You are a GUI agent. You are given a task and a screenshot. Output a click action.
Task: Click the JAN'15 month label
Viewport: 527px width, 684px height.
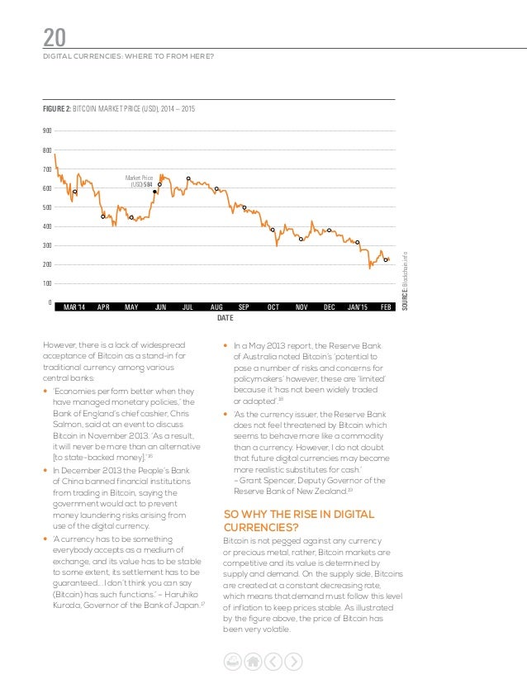(x=359, y=307)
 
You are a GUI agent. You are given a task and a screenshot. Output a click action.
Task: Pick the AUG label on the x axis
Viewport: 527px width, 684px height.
(x=217, y=307)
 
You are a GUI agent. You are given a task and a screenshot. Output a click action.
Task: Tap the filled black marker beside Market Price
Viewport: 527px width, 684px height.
(x=154, y=192)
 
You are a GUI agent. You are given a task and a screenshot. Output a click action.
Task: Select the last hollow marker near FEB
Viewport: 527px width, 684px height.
(x=386, y=260)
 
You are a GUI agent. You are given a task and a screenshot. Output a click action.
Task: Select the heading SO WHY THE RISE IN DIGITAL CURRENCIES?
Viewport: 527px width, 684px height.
(x=298, y=520)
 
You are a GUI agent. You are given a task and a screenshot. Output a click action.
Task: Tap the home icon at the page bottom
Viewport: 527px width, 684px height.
(x=254, y=660)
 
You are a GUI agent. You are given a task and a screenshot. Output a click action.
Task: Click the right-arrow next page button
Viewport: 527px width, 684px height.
(x=292, y=660)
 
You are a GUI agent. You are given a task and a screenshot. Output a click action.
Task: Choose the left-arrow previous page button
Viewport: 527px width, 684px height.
(x=273, y=660)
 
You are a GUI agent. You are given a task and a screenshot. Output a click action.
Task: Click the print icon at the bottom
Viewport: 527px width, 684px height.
(x=234, y=660)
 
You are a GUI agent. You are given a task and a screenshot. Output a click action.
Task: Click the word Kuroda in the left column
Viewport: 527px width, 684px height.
(x=64, y=606)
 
